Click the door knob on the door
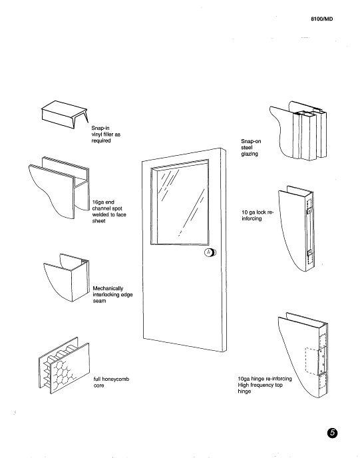coord(209,252)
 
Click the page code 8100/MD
coord(321,19)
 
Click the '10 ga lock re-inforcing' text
coord(256,215)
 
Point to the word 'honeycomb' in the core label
coord(114,379)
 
